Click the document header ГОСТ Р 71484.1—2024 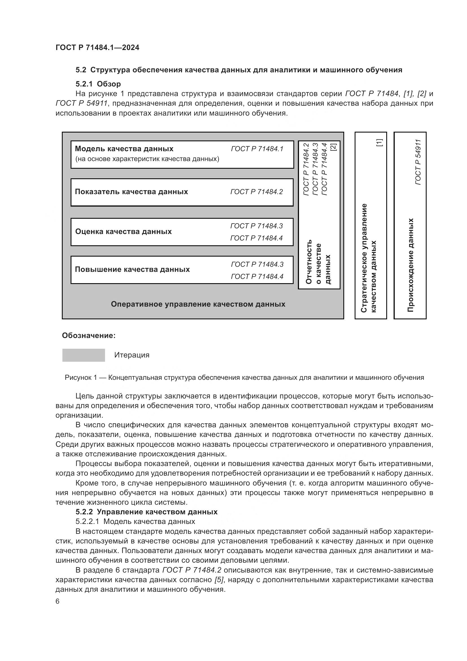pos(97,47)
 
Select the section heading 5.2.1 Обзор pos(98,84)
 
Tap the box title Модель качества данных pos(124,149)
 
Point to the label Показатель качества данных pos(131,192)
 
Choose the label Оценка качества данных pos(123,231)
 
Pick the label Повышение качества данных pos(132,270)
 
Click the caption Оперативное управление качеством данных pos(198,304)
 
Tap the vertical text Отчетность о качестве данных pos(318,262)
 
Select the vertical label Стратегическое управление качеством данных pos(368,258)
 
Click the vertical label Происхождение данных pos(410,265)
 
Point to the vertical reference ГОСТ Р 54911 pos(418,162)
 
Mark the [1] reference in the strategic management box pos(379,142)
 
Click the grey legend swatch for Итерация pos(83,355)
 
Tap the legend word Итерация pos(132,355)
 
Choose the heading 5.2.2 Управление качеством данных pos(146,512)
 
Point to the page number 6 pos(58,601)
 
